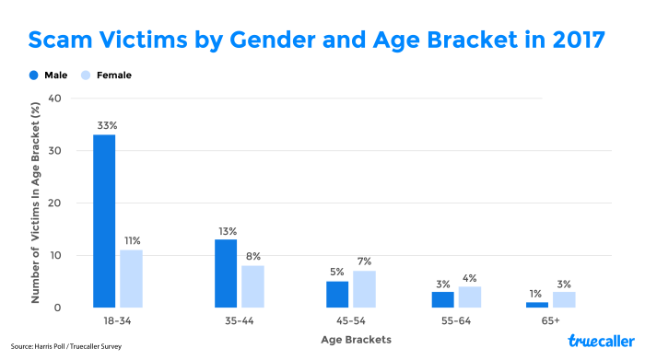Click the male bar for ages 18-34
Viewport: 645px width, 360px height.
[x=104, y=221]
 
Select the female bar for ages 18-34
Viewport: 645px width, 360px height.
[x=132, y=278]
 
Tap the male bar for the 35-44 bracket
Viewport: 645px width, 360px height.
[x=226, y=273]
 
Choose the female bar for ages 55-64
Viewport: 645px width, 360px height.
[x=470, y=296]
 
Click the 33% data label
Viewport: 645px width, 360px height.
[x=104, y=125]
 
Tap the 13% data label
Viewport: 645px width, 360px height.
[x=227, y=230]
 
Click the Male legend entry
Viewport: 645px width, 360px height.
[x=47, y=75]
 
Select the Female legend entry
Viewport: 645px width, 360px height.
[x=108, y=75]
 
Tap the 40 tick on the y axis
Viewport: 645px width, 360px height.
[x=54, y=99]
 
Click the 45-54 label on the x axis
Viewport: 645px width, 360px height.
[x=356, y=321]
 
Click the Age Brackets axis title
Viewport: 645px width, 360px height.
[x=356, y=340]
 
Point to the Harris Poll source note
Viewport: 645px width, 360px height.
[x=66, y=347]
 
